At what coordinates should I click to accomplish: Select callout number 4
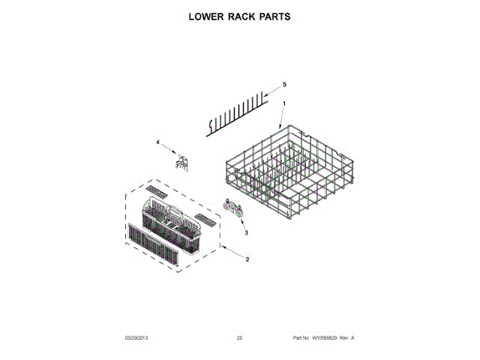tap(158, 142)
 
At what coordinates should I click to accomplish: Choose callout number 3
tap(245, 233)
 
